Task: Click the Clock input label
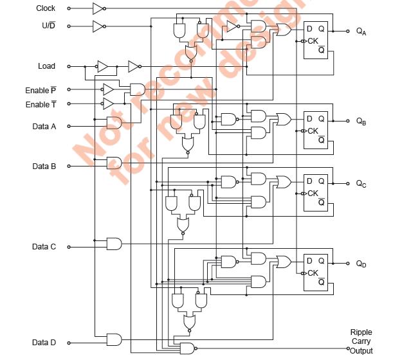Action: coord(45,8)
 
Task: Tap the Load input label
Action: coord(46,66)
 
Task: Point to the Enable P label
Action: coord(41,91)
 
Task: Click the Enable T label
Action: coord(41,104)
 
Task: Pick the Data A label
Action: coord(44,126)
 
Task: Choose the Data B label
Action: coord(44,166)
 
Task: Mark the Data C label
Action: coord(44,246)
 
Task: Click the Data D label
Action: coord(44,341)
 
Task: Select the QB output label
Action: coord(361,121)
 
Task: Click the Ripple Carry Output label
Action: coord(361,341)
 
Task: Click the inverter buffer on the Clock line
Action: coord(98,8)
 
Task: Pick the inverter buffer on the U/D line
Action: coord(98,26)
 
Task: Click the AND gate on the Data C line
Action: coord(114,244)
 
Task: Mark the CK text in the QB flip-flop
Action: coord(313,130)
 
